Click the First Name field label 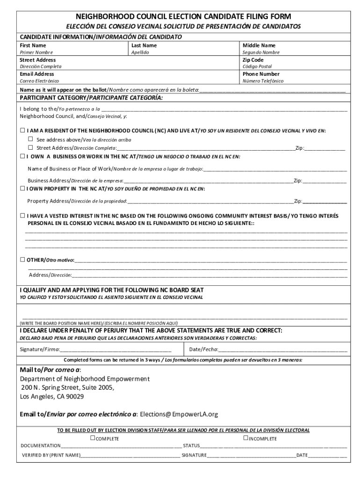pyautogui.click(x=33, y=45)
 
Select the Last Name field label pyautogui.click(x=144, y=45)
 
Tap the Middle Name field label pyautogui.click(x=259, y=45)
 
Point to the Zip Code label pyautogui.click(x=253, y=60)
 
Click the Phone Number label pyautogui.click(x=261, y=74)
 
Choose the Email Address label pyautogui.click(x=36, y=74)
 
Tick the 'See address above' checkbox pyautogui.click(x=31, y=139)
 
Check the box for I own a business pyautogui.click(x=22, y=156)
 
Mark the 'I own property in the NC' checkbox pyautogui.click(x=22, y=189)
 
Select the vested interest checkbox pyautogui.click(x=22, y=216)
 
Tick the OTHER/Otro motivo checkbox pyautogui.click(x=22, y=259)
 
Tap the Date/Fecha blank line pyautogui.click(x=283, y=349)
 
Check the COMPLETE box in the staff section pyautogui.click(x=93, y=438)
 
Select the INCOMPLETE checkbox pyautogui.click(x=245, y=438)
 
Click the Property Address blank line pyautogui.click(x=210, y=202)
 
